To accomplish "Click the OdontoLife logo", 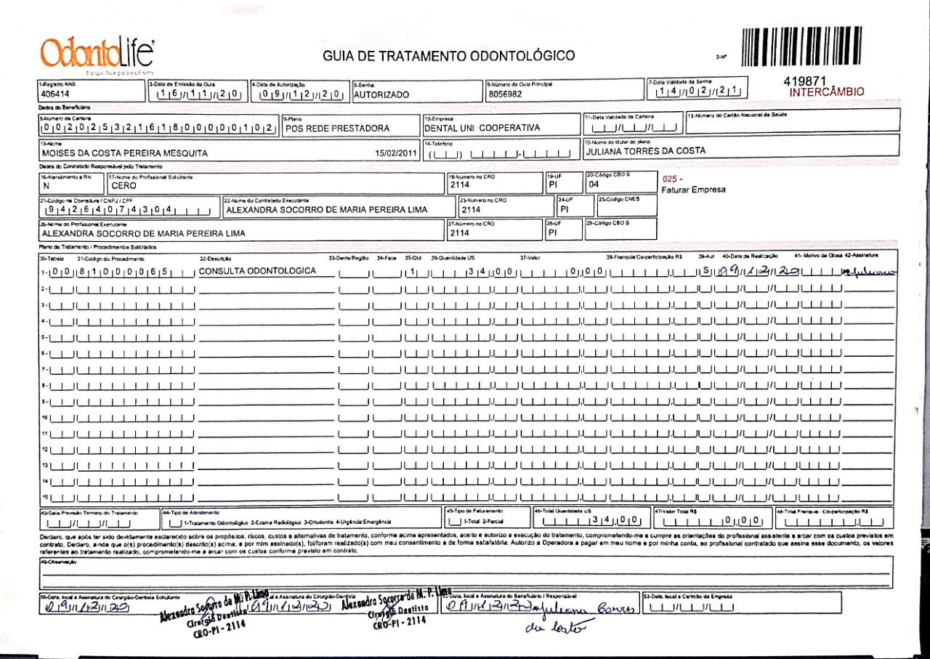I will pos(97,54).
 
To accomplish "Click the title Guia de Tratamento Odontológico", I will pos(448,56).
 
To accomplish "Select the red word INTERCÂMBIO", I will pos(827,92).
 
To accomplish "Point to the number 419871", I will pos(806,81).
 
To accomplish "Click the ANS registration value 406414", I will pos(56,94).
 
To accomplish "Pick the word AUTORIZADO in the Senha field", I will pos(381,94).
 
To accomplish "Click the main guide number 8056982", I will pos(506,94).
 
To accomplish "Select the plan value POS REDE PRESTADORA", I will pos(338,128).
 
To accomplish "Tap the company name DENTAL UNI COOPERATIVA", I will pos(482,128).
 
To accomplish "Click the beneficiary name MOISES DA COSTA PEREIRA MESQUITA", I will pos(125,153).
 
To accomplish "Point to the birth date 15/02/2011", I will pos(396,153).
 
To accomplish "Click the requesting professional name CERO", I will pos(124,185).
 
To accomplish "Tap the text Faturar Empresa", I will pos(693,190).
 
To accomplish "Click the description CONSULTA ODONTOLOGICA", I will pos(258,271).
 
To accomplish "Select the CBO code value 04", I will pos(594,184).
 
